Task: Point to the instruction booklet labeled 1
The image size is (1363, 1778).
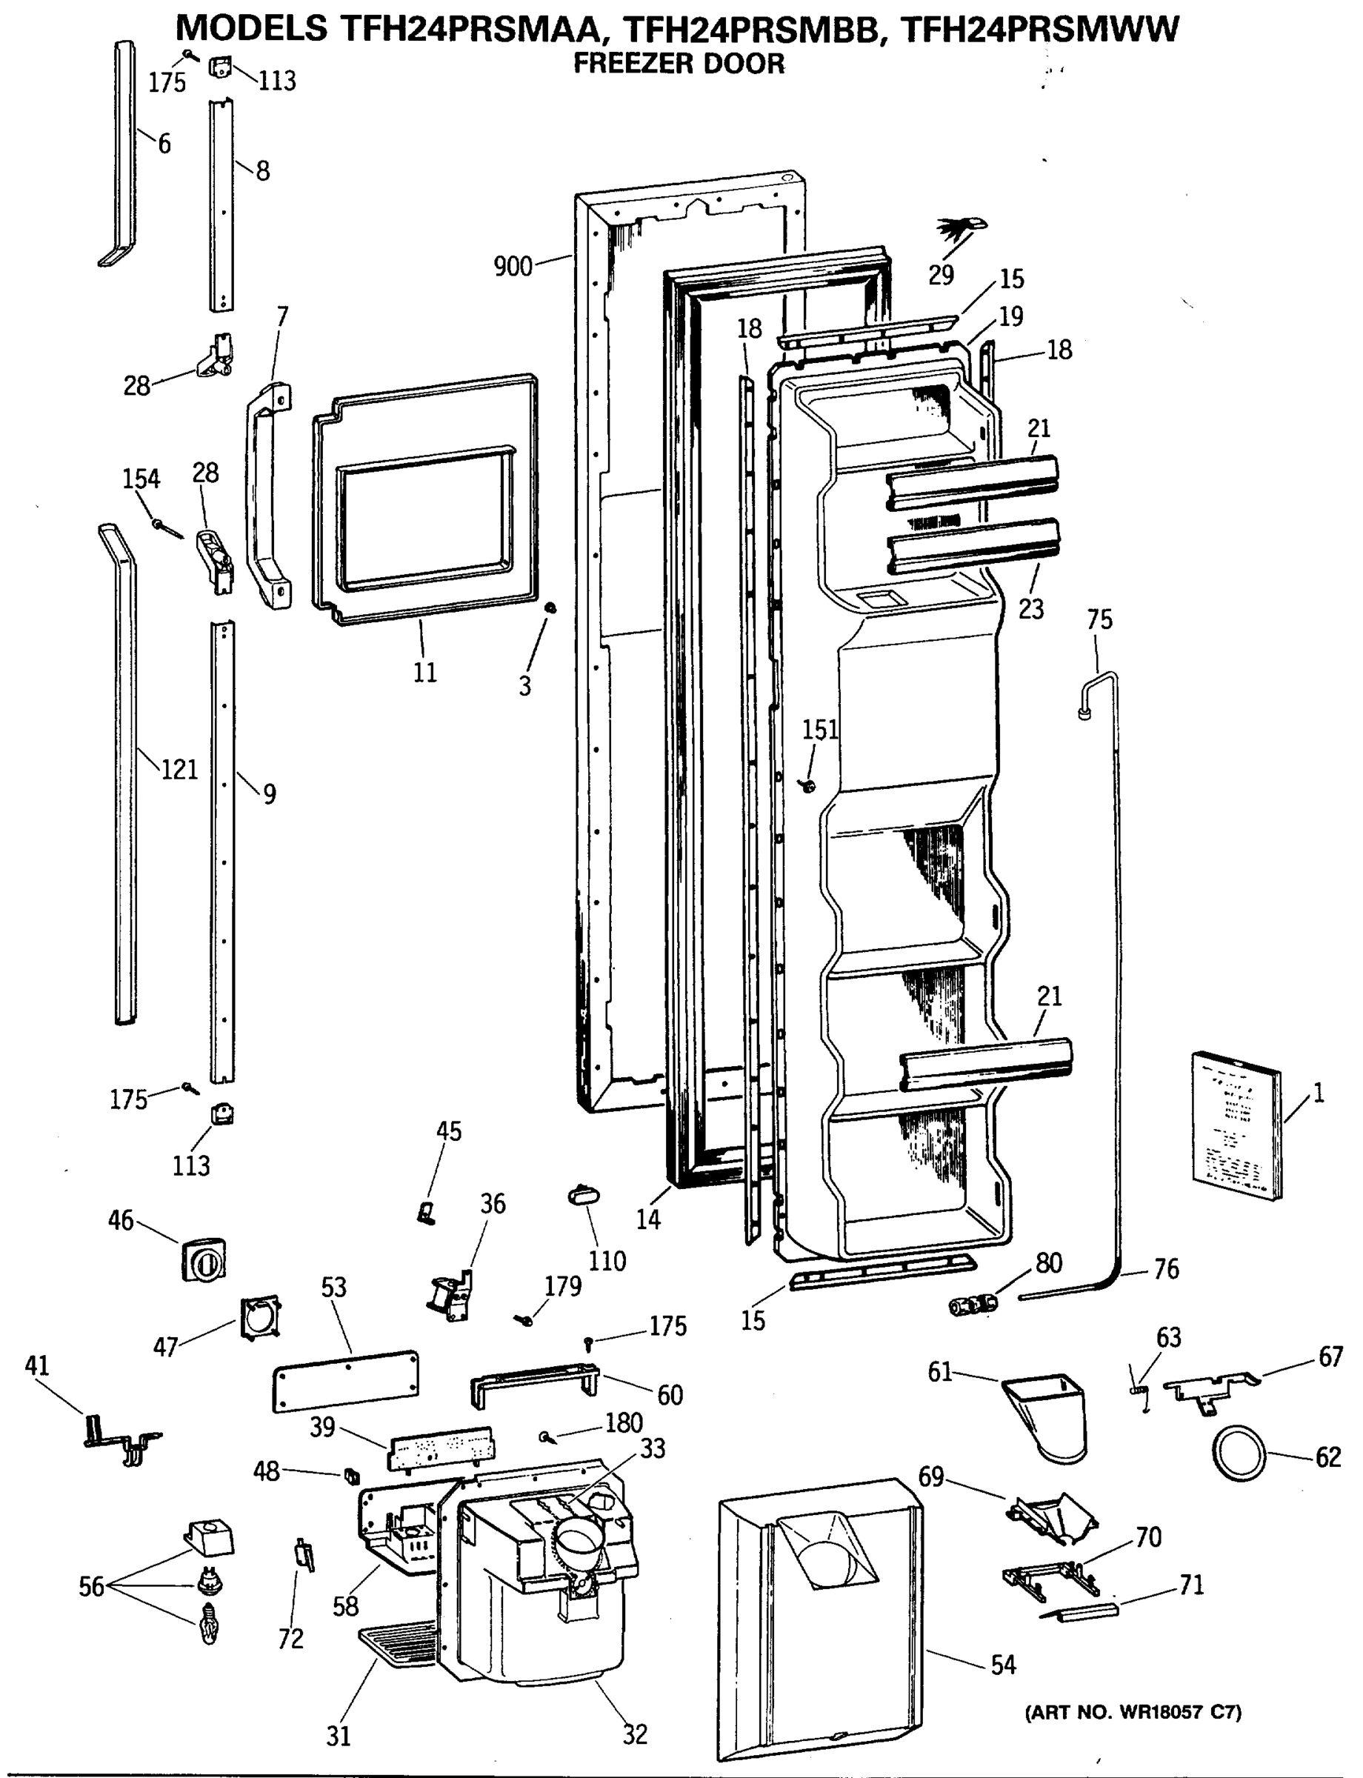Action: tap(1236, 1124)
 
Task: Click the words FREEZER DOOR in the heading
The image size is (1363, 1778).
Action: tap(679, 64)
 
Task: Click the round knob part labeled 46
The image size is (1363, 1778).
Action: tap(204, 1259)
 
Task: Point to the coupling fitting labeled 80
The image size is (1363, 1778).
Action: tap(972, 1305)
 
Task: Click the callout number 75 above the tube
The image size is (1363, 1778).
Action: tap(1099, 620)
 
